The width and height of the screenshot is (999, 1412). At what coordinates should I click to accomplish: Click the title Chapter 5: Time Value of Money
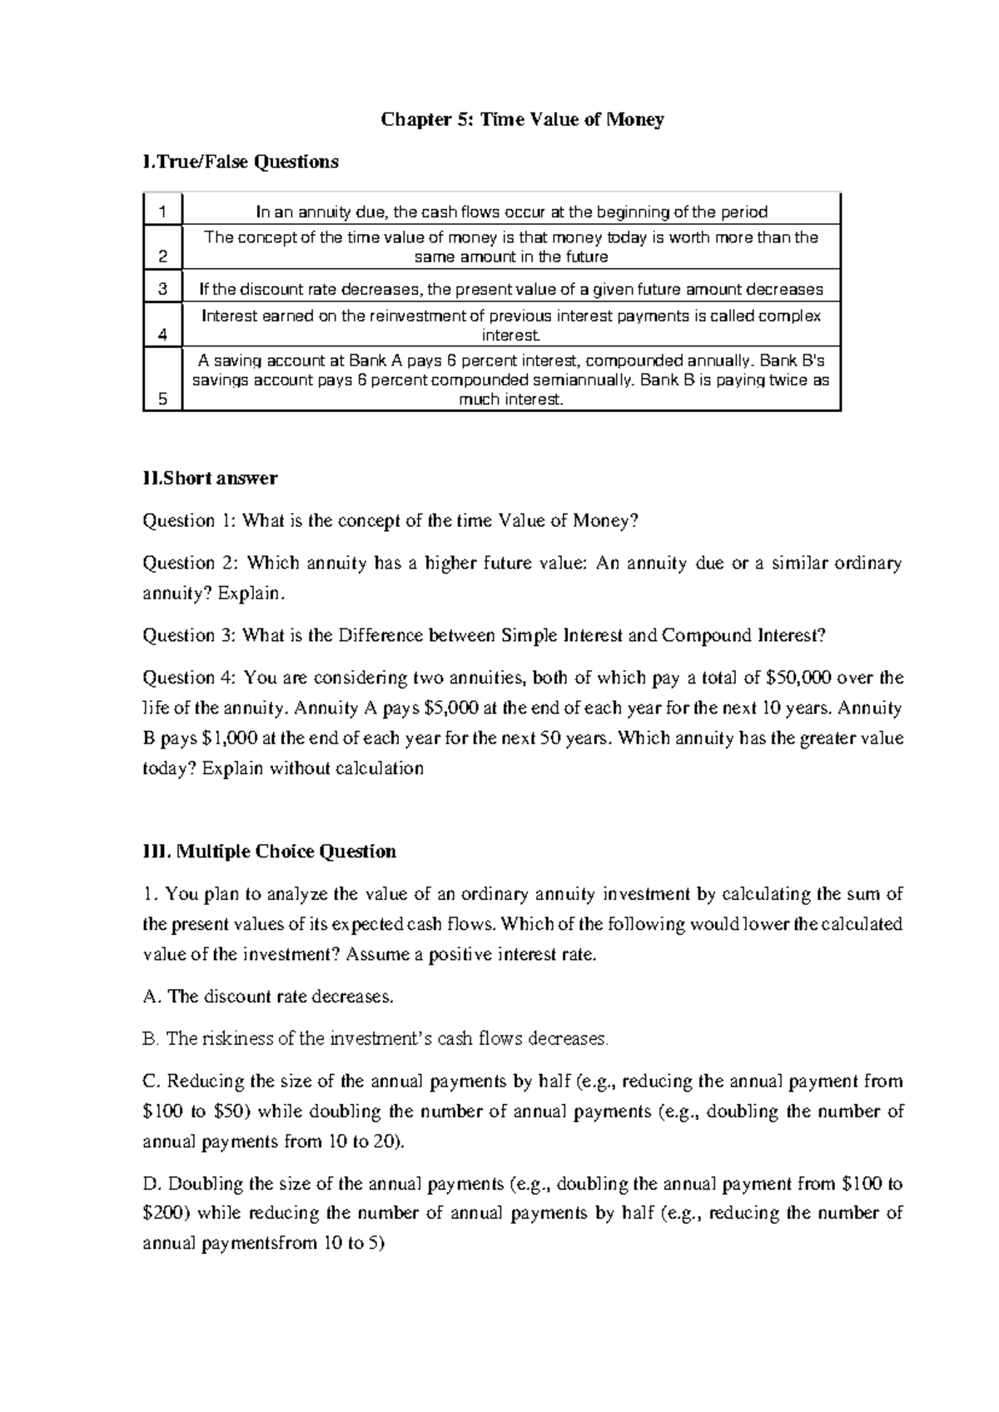coord(522,120)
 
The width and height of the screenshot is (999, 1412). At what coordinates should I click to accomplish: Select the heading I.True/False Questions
coord(241,162)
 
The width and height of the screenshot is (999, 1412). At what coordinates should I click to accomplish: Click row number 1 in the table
coord(163,211)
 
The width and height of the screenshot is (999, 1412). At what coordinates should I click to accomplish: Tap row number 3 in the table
coord(163,289)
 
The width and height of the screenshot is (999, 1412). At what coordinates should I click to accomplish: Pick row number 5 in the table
coord(163,399)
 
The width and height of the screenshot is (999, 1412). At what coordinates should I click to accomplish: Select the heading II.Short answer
coord(211,479)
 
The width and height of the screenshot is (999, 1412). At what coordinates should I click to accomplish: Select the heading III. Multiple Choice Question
coord(270,852)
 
